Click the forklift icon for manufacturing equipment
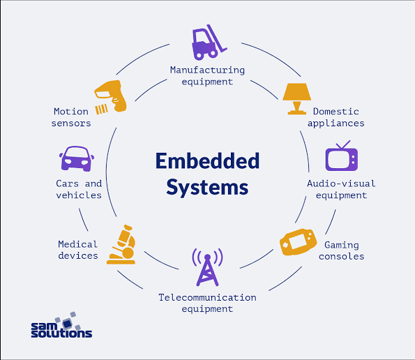click(x=207, y=43)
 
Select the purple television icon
click(x=341, y=158)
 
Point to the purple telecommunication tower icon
click(x=207, y=267)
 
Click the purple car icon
click(x=77, y=160)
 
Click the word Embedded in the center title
click(x=207, y=160)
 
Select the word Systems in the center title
click(x=207, y=187)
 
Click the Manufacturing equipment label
click(x=207, y=75)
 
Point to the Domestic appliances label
click(x=338, y=117)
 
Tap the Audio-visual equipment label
click(x=341, y=189)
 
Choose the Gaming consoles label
click(x=341, y=250)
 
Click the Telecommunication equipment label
click(x=207, y=303)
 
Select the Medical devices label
click(x=78, y=250)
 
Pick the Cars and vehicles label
click(x=79, y=189)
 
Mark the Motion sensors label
click(x=71, y=117)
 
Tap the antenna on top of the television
click(x=343, y=145)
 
